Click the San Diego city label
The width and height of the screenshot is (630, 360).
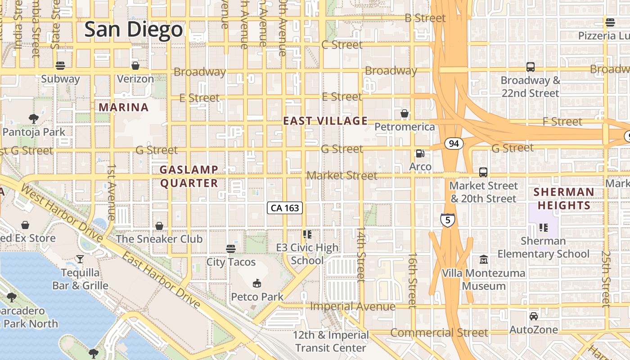click(x=134, y=30)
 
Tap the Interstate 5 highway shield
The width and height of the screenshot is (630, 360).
click(x=448, y=220)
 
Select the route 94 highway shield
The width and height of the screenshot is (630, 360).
click(x=454, y=144)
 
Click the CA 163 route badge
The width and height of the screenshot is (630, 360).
click(x=285, y=208)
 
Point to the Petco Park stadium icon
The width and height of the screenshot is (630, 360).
click(x=257, y=283)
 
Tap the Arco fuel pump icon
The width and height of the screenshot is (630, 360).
click(x=420, y=153)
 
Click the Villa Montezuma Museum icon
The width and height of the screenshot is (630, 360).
click(x=484, y=260)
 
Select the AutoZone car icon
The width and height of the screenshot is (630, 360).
click(x=533, y=316)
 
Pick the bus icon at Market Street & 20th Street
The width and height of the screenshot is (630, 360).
click(x=483, y=172)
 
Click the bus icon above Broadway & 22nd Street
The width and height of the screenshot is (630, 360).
click(x=531, y=67)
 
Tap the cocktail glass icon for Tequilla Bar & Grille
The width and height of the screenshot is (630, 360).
click(x=80, y=259)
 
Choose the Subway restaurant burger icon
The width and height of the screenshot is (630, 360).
click(x=60, y=66)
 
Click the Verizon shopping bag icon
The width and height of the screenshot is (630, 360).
click(x=135, y=66)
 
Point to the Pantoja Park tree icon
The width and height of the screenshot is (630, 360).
click(x=33, y=119)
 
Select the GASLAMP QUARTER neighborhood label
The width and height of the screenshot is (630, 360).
click(x=189, y=176)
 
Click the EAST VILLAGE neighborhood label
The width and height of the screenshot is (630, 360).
click(x=325, y=121)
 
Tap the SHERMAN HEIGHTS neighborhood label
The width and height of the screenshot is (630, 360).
click(x=563, y=198)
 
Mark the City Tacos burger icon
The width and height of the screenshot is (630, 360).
click(x=231, y=248)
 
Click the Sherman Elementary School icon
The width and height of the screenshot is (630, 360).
click(x=543, y=228)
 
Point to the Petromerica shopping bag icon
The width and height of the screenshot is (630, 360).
click(x=405, y=113)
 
